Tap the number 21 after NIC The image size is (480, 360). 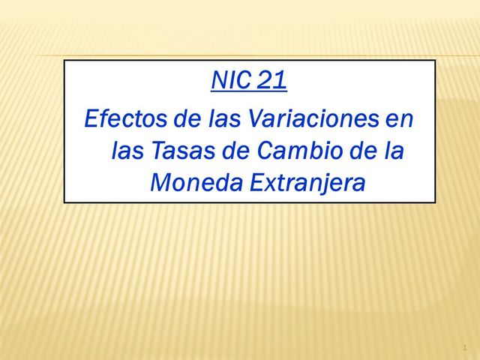(x=271, y=80)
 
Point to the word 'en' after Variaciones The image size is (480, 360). (x=399, y=120)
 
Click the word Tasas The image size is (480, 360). (x=182, y=151)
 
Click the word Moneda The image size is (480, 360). (x=191, y=183)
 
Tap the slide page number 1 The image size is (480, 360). (x=465, y=347)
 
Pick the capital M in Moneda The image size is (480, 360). (x=160, y=183)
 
